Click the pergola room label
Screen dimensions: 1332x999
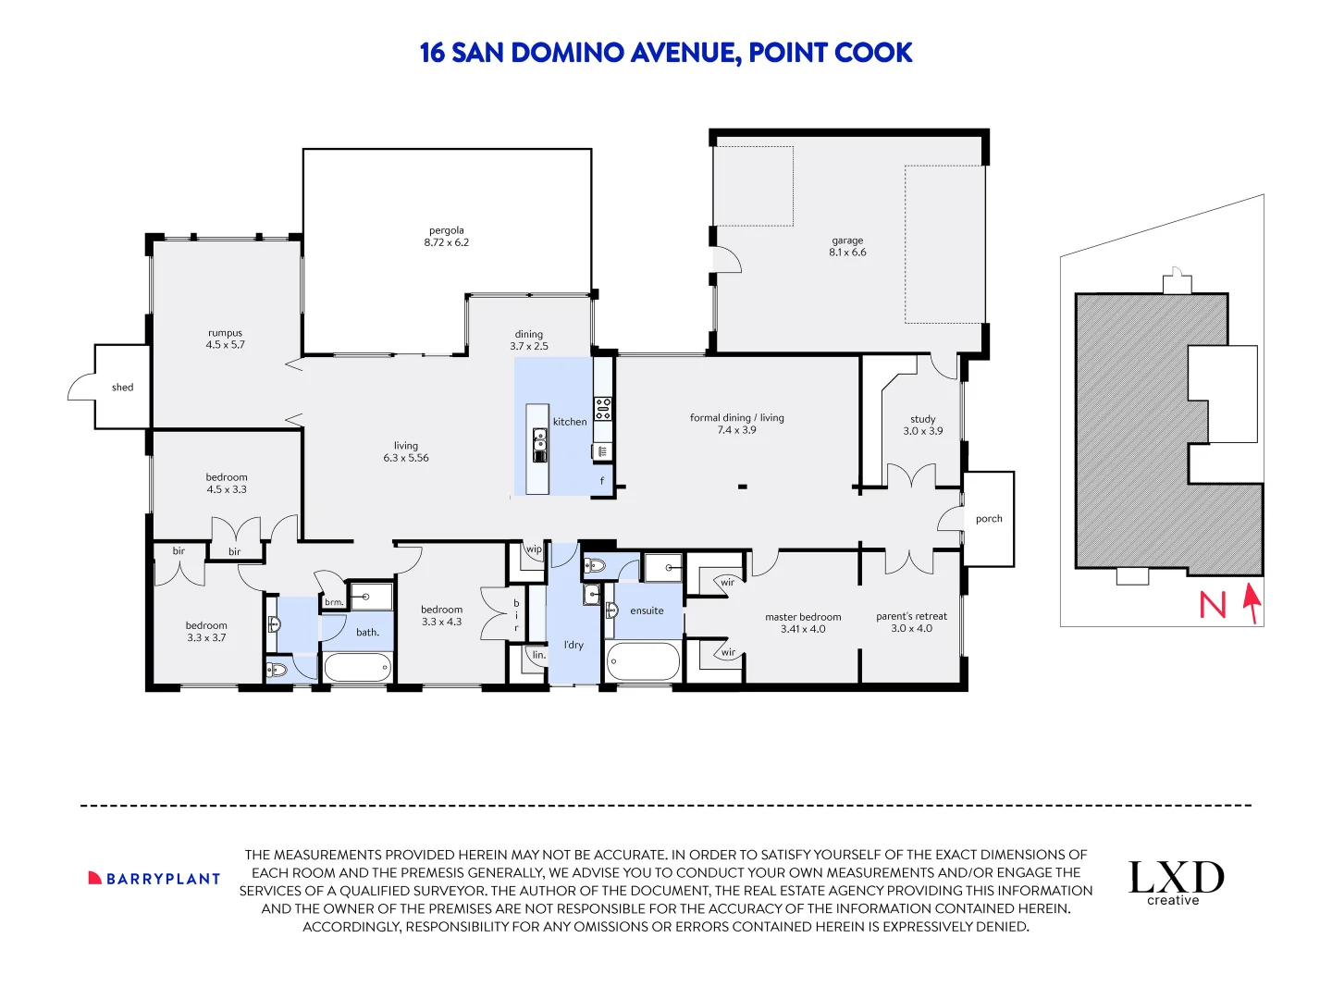pos(446,230)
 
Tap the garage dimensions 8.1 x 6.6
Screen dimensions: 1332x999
pos(847,253)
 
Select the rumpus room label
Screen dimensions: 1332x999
pos(225,333)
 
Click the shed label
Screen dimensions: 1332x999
pos(123,387)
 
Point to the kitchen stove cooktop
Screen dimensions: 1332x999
pos(602,408)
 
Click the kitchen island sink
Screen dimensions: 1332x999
pos(539,445)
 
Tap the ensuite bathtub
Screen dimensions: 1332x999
pos(643,661)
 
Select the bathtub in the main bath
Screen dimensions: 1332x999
pos(357,668)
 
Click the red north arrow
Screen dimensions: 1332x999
pos(1252,603)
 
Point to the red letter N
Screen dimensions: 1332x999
pos(1213,605)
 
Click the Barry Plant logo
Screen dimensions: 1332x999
pos(154,879)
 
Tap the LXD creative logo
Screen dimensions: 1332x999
pos(1176,883)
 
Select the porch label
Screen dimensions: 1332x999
pos(989,519)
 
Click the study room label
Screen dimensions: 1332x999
pos(922,419)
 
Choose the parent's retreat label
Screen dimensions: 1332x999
pos(911,616)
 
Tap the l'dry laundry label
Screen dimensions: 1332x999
pos(573,645)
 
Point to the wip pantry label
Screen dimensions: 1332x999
pos(534,549)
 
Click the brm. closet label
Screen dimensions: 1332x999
pos(334,602)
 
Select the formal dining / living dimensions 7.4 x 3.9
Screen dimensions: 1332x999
pos(736,430)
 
